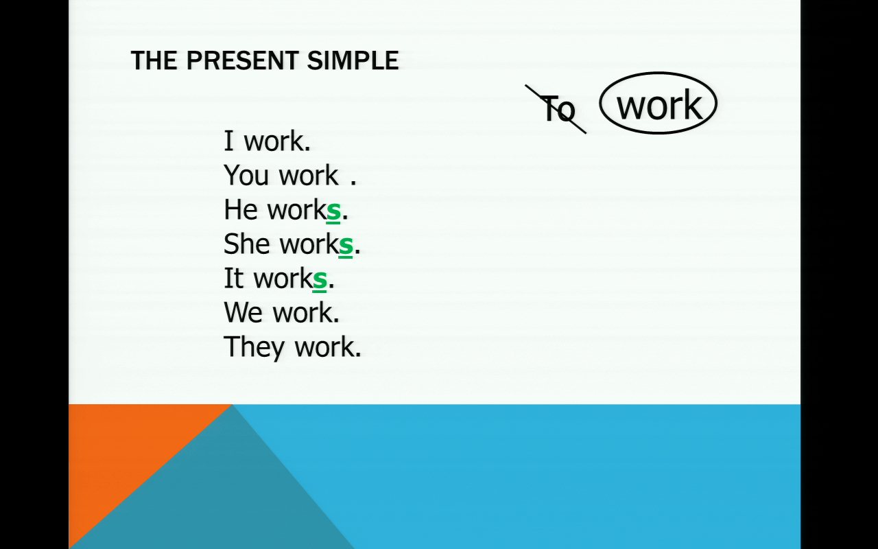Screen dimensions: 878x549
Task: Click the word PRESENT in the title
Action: [242, 60]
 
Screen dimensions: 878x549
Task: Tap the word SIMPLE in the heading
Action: [353, 60]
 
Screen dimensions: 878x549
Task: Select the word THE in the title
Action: [154, 60]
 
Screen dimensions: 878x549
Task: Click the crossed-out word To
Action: [559, 108]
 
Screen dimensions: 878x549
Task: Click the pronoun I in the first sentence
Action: [228, 141]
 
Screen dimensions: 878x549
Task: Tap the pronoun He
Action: [240, 209]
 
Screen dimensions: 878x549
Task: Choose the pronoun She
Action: [246, 244]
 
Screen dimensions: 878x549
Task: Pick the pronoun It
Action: [234, 278]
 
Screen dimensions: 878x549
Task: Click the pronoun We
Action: [243, 312]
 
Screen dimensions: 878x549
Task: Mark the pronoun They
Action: [254, 347]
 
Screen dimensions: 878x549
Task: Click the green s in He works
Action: [333, 212]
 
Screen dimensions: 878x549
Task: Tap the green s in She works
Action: [345, 246]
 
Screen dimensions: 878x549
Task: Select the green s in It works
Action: [320, 281]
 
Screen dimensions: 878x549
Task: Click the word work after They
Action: [324, 347]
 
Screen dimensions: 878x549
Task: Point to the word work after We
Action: [302, 312]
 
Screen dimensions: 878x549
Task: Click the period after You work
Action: [353, 183]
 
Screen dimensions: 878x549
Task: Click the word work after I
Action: [274, 141]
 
